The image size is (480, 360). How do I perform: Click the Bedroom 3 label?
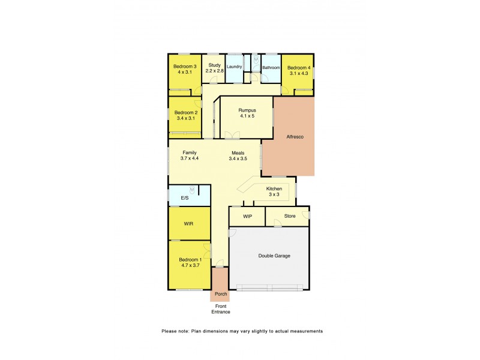pos(185,66)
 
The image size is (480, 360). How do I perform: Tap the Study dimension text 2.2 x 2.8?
pos(214,71)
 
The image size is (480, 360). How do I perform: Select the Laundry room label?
pos(235,67)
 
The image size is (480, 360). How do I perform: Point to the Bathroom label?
pos(271,67)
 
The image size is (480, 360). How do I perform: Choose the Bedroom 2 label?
pos(186,112)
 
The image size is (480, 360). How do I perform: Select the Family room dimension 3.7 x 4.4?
pos(190,159)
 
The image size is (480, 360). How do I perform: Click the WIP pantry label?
pos(247,215)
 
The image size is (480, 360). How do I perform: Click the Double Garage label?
pos(274,256)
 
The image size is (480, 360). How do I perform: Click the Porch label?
pos(220,295)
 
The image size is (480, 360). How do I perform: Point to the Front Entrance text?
pos(220,308)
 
